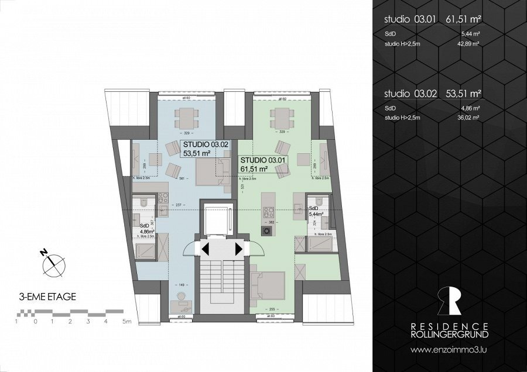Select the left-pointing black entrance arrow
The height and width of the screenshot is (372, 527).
(206, 249)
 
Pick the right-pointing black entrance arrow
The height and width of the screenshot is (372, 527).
(239, 249)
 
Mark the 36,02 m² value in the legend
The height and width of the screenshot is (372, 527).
(470, 118)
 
